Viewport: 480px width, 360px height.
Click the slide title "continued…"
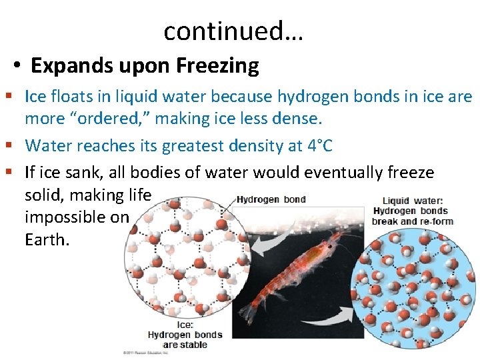(233, 31)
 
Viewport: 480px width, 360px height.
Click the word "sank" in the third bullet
(81, 173)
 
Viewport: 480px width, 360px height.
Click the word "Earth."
(47, 239)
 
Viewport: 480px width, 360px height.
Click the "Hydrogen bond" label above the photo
(271, 199)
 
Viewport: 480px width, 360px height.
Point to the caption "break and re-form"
(412, 221)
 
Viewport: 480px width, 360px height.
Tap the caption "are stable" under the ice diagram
(185, 345)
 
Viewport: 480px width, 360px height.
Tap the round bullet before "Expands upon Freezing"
(18, 66)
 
